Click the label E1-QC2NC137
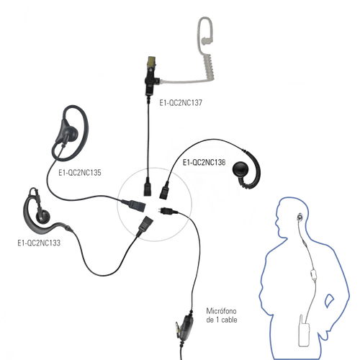tap(181, 103)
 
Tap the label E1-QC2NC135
tap(80, 173)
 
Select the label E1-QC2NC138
tap(204, 163)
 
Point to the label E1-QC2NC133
tap(39, 243)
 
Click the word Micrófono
tap(221, 311)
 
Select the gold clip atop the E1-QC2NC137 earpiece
tap(152, 61)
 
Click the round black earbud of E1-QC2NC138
tap(240, 170)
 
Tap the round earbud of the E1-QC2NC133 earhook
tap(43, 216)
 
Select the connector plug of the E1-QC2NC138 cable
tap(165, 189)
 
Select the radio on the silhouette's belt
tap(304, 330)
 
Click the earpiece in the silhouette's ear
tap(300, 217)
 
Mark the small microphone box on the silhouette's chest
tap(313, 274)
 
